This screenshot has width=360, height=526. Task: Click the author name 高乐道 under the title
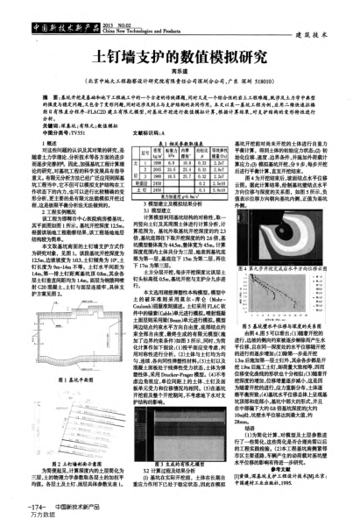180,70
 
